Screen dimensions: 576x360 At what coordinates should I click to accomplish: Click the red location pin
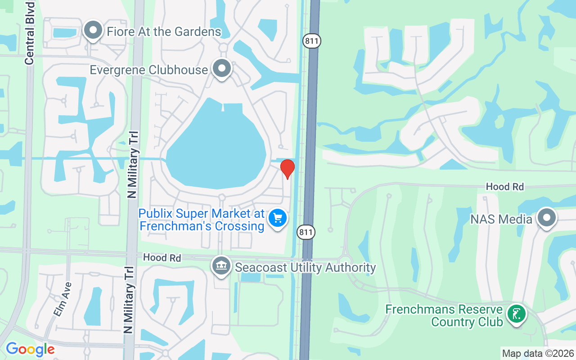(287, 169)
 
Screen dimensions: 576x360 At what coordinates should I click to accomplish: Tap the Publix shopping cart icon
(278, 219)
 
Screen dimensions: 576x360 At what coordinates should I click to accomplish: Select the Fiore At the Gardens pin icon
(94, 31)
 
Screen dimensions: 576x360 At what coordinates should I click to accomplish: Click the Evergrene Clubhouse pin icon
(221, 69)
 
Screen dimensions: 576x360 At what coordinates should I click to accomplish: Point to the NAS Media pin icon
(547, 218)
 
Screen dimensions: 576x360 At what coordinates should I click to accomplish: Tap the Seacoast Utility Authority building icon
(221, 266)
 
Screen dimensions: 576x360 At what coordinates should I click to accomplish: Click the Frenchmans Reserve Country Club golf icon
(516, 315)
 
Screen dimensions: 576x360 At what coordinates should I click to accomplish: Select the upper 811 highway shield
(311, 41)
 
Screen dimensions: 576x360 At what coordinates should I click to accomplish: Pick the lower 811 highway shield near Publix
(306, 233)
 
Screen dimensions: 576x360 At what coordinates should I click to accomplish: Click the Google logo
(30, 349)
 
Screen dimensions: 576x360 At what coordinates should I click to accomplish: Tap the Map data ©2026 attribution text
(538, 353)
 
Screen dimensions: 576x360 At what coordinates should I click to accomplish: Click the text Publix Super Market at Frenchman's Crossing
(202, 220)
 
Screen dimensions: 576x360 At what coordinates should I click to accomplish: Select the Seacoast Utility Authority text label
(305, 267)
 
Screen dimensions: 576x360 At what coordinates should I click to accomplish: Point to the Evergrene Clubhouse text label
(149, 70)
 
